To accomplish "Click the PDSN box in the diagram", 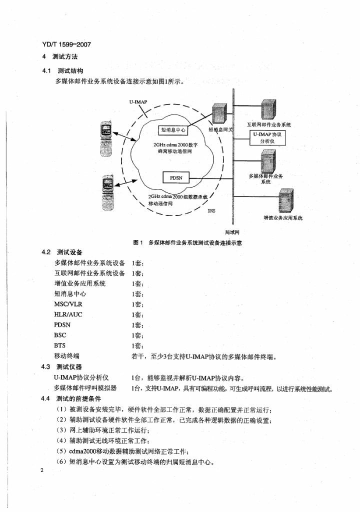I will click(175, 177).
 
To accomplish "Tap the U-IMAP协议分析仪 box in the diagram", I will click(268, 138).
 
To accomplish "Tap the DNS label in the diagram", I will click(211, 211).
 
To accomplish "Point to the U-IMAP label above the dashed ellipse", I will click(138, 101).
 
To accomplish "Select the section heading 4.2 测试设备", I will click(62, 252).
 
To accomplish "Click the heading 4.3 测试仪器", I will click(62, 367).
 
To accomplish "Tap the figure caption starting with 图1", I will click(184, 242).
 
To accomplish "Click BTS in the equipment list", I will click(59, 345).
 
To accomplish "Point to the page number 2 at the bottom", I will click(43, 471).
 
